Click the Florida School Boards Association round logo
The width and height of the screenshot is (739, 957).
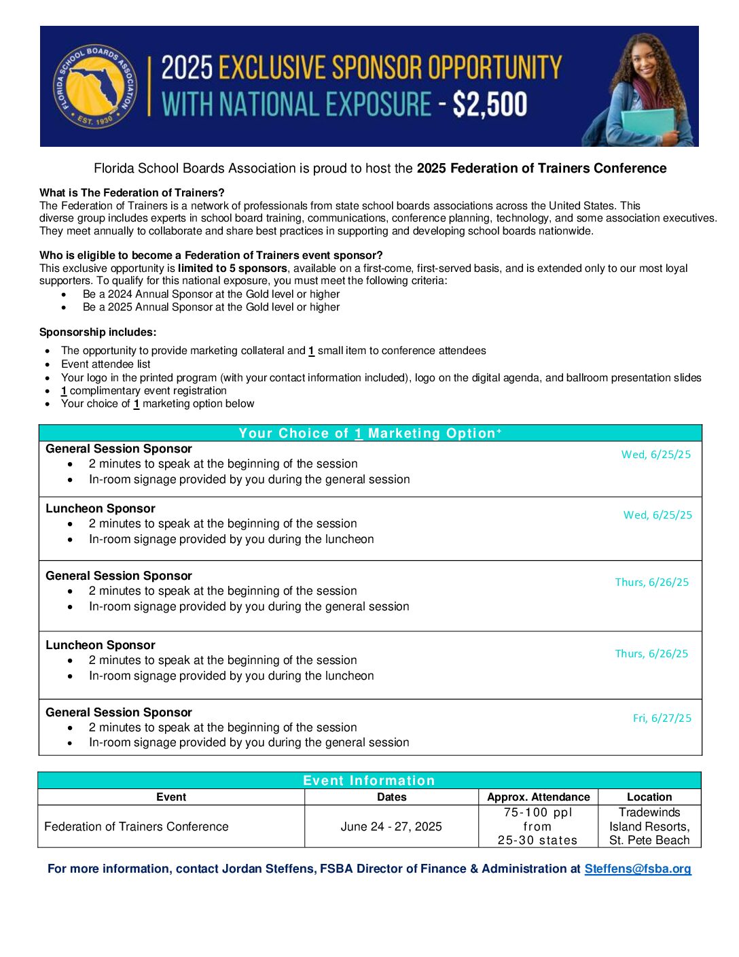(96, 86)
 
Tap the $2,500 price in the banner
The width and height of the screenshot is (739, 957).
(490, 105)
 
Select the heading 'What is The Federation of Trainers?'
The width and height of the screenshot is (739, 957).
(132, 193)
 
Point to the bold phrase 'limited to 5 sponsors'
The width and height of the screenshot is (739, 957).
(232, 268)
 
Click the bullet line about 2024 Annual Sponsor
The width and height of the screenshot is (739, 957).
(211, 294)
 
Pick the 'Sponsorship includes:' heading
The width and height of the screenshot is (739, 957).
(98, 332)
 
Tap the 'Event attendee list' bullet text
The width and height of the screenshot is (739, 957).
(106, 364)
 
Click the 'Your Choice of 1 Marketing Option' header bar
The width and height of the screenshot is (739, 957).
(370, 433)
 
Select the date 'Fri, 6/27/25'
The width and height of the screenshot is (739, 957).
(662, 718)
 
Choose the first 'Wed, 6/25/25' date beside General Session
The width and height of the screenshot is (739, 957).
(656, 455)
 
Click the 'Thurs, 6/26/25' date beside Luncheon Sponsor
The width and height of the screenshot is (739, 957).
(651, 654)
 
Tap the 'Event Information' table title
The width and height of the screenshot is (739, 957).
(369, 780)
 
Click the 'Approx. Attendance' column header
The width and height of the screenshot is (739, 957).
(538, 797)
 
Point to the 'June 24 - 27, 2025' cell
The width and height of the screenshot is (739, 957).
(391, 826)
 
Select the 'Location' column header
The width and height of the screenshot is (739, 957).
(649, 797)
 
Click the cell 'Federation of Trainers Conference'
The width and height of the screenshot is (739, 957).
(137, 826)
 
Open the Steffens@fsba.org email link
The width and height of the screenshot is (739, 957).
(638, 869)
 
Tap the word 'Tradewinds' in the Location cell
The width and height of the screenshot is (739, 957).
(649, 812)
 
